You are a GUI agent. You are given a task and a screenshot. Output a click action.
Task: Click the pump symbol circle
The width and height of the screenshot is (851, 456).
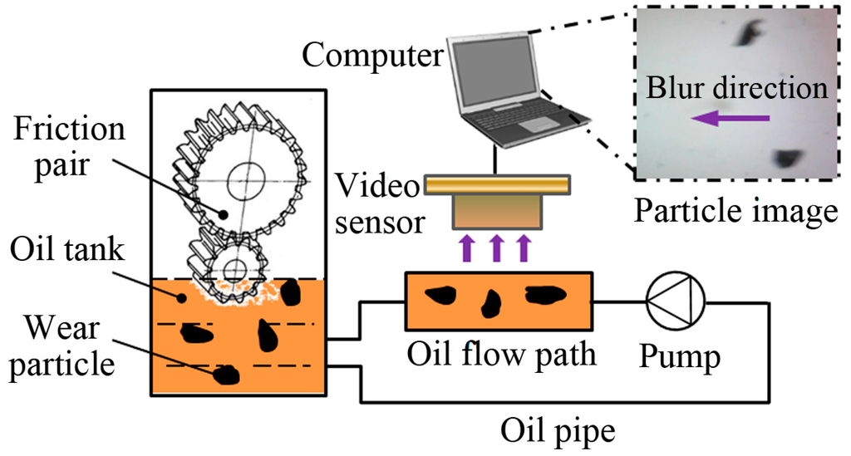pos(676,302)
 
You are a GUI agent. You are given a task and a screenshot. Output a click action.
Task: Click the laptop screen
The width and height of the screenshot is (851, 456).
pos(493,72)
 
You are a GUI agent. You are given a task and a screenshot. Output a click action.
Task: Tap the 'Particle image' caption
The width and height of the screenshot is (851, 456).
pos(735,212)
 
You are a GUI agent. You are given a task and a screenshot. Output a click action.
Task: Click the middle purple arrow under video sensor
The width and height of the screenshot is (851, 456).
pos(497,248)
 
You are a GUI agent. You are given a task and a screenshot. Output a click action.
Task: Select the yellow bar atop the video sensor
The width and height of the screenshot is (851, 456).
pos(496,184)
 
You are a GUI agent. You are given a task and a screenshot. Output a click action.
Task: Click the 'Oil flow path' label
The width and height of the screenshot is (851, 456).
pos(502,355)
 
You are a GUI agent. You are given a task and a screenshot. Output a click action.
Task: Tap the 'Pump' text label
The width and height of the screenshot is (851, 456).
pos(678,356)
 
